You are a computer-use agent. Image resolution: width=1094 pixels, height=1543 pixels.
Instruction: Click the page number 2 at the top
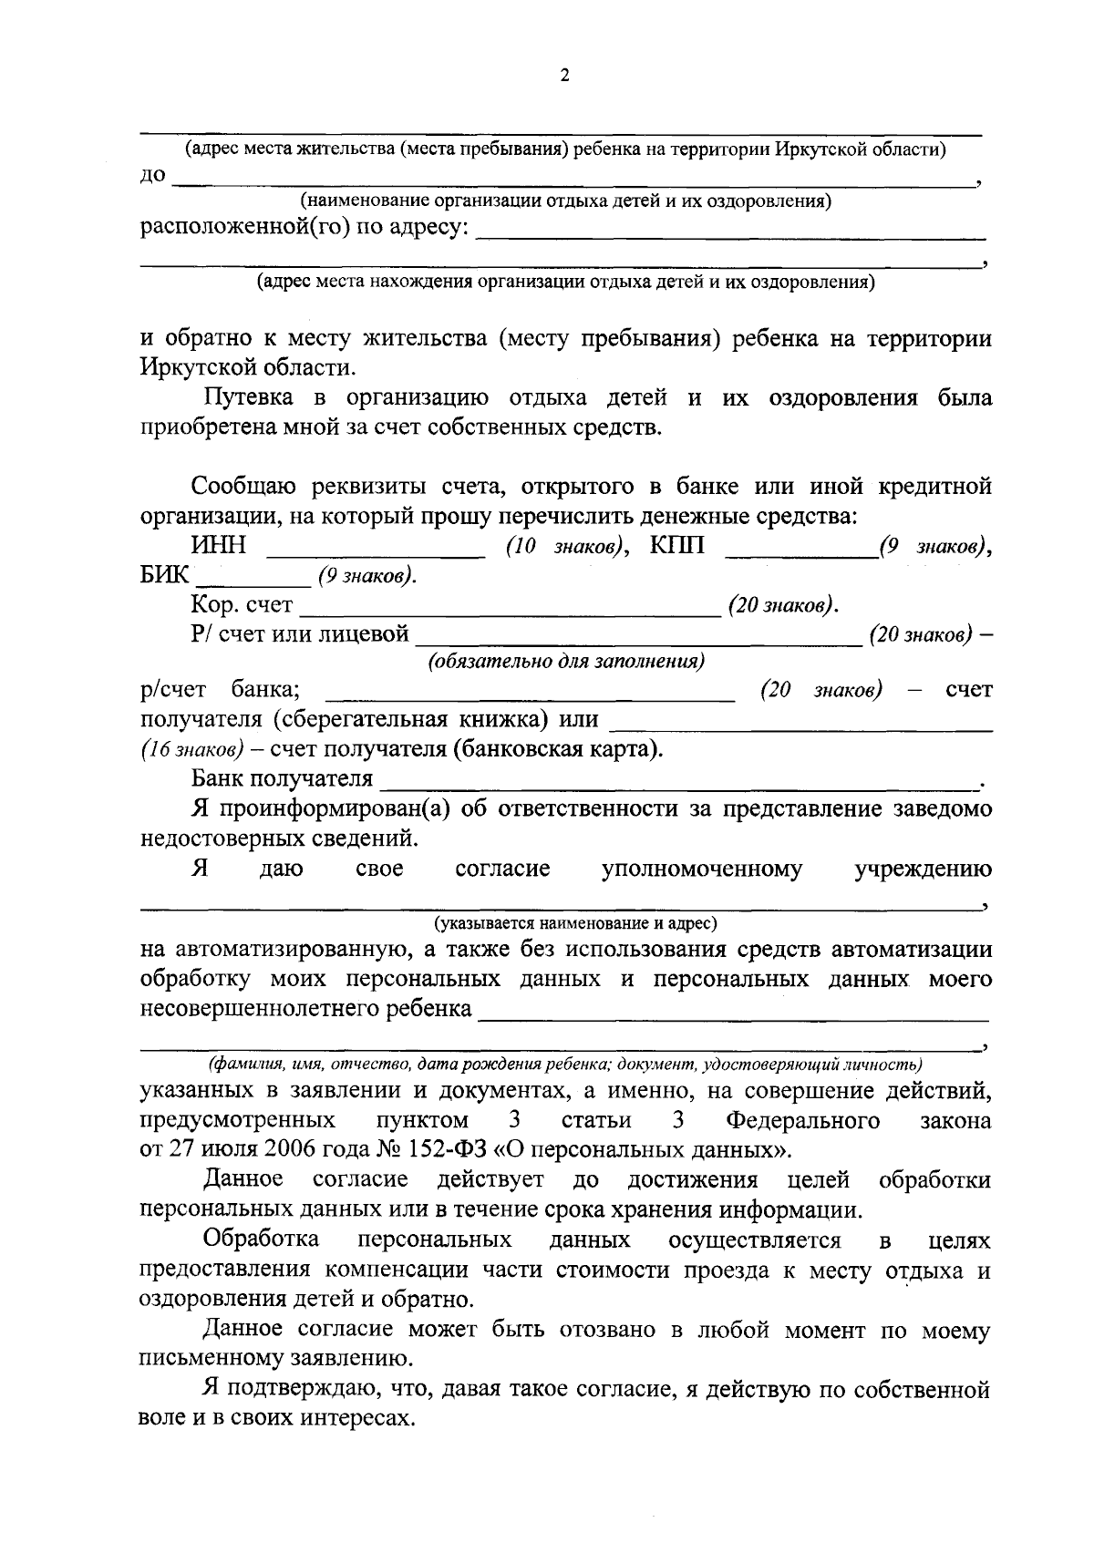[x=563, y=77]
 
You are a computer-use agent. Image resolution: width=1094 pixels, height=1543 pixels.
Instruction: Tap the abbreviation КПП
[x=677, y=547]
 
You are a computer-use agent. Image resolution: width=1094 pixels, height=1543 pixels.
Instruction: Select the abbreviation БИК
[x=165, y=576]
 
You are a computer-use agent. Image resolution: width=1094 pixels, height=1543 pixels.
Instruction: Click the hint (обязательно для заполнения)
[x=566, y=662]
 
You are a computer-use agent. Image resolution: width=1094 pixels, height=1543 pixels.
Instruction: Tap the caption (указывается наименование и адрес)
[x=575, y=923]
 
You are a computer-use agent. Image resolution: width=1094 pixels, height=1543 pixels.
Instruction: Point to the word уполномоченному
[x=702, y=869]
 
